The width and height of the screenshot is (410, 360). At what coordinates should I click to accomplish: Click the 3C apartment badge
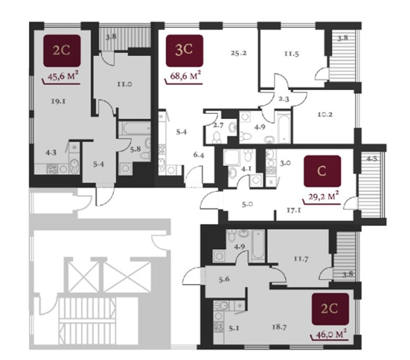[184, 51]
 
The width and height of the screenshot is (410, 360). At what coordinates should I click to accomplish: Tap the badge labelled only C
[322, 171]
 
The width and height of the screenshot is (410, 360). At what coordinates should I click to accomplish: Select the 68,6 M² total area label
[185, 76]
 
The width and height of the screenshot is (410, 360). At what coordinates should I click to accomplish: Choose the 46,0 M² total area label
[332, 333]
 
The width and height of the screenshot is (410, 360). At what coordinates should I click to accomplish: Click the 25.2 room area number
[238, 53]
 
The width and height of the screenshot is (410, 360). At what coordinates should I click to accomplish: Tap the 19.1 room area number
[58, 101]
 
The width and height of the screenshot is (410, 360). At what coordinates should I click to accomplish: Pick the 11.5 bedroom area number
[292, 54]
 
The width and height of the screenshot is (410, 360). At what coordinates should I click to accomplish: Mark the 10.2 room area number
[325, 114]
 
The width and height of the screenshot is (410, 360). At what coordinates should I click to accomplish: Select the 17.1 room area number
[293, 210]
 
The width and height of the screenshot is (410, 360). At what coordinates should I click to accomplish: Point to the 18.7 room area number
[279, 327]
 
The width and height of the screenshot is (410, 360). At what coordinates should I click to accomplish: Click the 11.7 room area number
[301, 259]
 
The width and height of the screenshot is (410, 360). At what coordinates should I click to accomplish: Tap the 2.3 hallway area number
[283, 99]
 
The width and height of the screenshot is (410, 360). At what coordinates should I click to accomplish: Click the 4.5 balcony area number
[372, 159]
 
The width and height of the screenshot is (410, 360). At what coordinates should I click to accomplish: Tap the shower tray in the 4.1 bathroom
[232, 158]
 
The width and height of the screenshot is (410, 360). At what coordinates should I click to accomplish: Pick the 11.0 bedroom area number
[125, 84]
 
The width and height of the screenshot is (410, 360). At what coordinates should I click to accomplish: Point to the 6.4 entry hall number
[199, 155]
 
